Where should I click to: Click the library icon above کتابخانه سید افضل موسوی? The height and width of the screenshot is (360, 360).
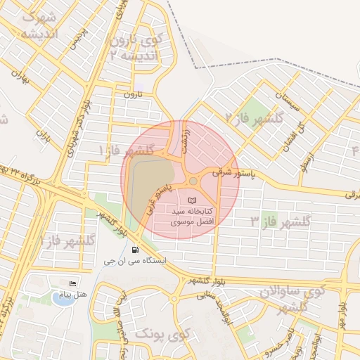coord(193,201)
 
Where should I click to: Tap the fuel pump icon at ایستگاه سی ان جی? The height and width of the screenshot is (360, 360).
coord(134,250)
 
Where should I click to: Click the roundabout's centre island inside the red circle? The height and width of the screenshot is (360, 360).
coord(193,181)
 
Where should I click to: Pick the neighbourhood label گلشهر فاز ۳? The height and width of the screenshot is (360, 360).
coord(281,221)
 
